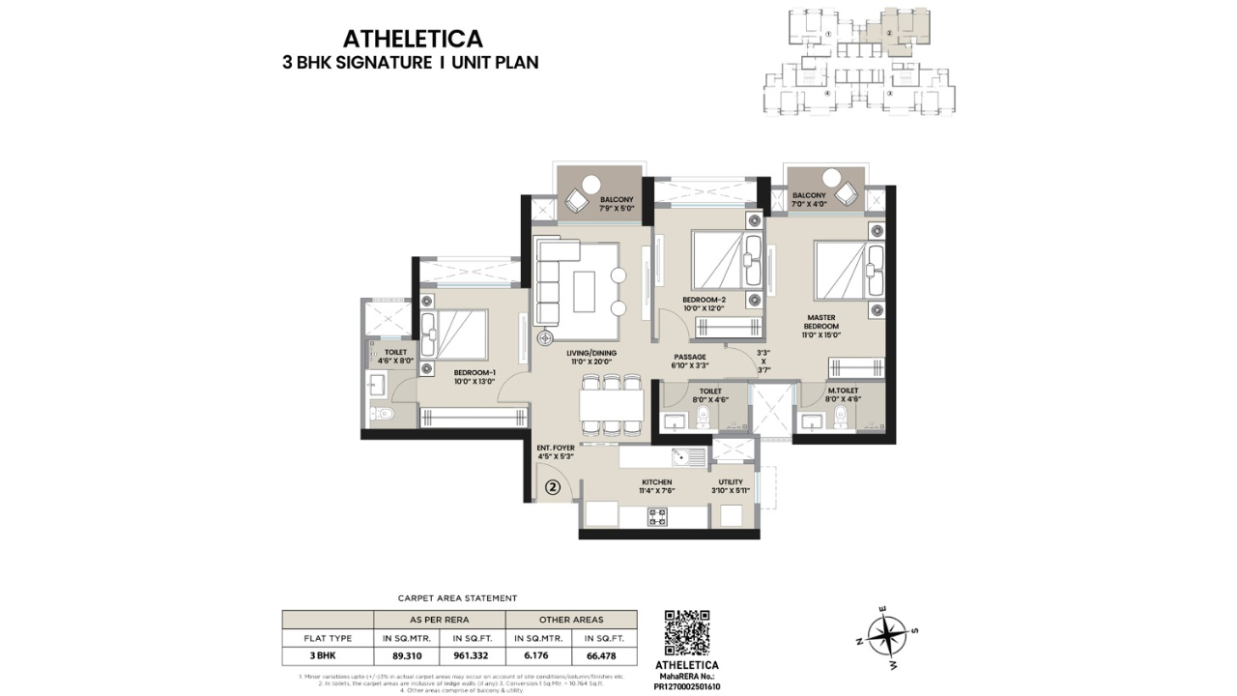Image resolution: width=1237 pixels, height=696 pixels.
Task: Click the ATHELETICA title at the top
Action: coord(413,39)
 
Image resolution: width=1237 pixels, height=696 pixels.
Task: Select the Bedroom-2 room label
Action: coord(704,301)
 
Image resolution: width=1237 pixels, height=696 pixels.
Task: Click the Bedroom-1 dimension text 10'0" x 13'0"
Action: coord(474,381)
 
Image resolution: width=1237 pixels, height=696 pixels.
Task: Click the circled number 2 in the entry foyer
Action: coord(553,488)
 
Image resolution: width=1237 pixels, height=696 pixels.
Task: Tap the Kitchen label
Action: coord(656,482)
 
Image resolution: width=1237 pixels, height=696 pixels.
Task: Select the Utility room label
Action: coord(731,482)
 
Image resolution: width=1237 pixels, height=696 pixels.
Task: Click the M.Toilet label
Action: coord(843,391)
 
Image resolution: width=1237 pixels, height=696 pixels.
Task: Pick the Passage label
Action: coord(690,357)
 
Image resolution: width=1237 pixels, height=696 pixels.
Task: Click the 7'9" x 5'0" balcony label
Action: coord(615,206)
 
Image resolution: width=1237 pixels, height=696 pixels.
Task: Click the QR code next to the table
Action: coord(687,632)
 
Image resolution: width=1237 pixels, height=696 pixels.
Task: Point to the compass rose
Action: coord(885,636)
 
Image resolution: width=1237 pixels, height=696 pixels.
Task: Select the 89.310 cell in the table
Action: coord(407,655)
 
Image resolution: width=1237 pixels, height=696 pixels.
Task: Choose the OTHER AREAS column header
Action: coord(571,620)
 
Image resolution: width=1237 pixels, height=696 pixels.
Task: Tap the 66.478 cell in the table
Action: coord(604,655)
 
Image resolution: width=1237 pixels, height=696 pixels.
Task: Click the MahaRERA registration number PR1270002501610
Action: coord(687,685)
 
